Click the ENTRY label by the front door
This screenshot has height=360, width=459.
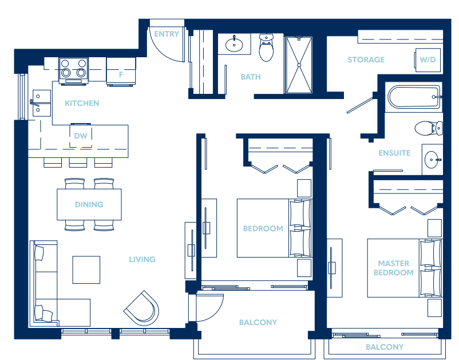[x=167, y=34]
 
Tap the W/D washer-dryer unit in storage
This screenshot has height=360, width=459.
[x=428, y=60]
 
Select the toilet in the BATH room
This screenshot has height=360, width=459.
[x=266, y=48]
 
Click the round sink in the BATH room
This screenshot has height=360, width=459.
[x=234, y=45]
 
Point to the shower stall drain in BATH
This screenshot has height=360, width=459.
[x=299, y=65]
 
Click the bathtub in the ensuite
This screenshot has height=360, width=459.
[x=414, y=97]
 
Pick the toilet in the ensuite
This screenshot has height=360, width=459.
[x=429, y=128]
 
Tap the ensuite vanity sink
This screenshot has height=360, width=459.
[x=432, y=160]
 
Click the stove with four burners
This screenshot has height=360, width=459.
[x=73, y=71]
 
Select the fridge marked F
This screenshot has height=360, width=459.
[x=121, y=72]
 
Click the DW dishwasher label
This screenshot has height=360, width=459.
[x=81, y=136]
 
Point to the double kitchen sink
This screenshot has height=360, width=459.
[x=41, y=103]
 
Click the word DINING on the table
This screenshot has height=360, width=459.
[x=89, y=204]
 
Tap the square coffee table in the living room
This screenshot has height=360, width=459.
[x=86, y=270]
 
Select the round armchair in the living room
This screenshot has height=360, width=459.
[x=142, y=308]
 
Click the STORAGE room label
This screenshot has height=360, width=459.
[x=366, y=60]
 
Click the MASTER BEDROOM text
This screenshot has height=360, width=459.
[x=393, y=268]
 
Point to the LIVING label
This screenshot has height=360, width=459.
[x=143, y=259]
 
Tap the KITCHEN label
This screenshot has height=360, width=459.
[x=82, y=104]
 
